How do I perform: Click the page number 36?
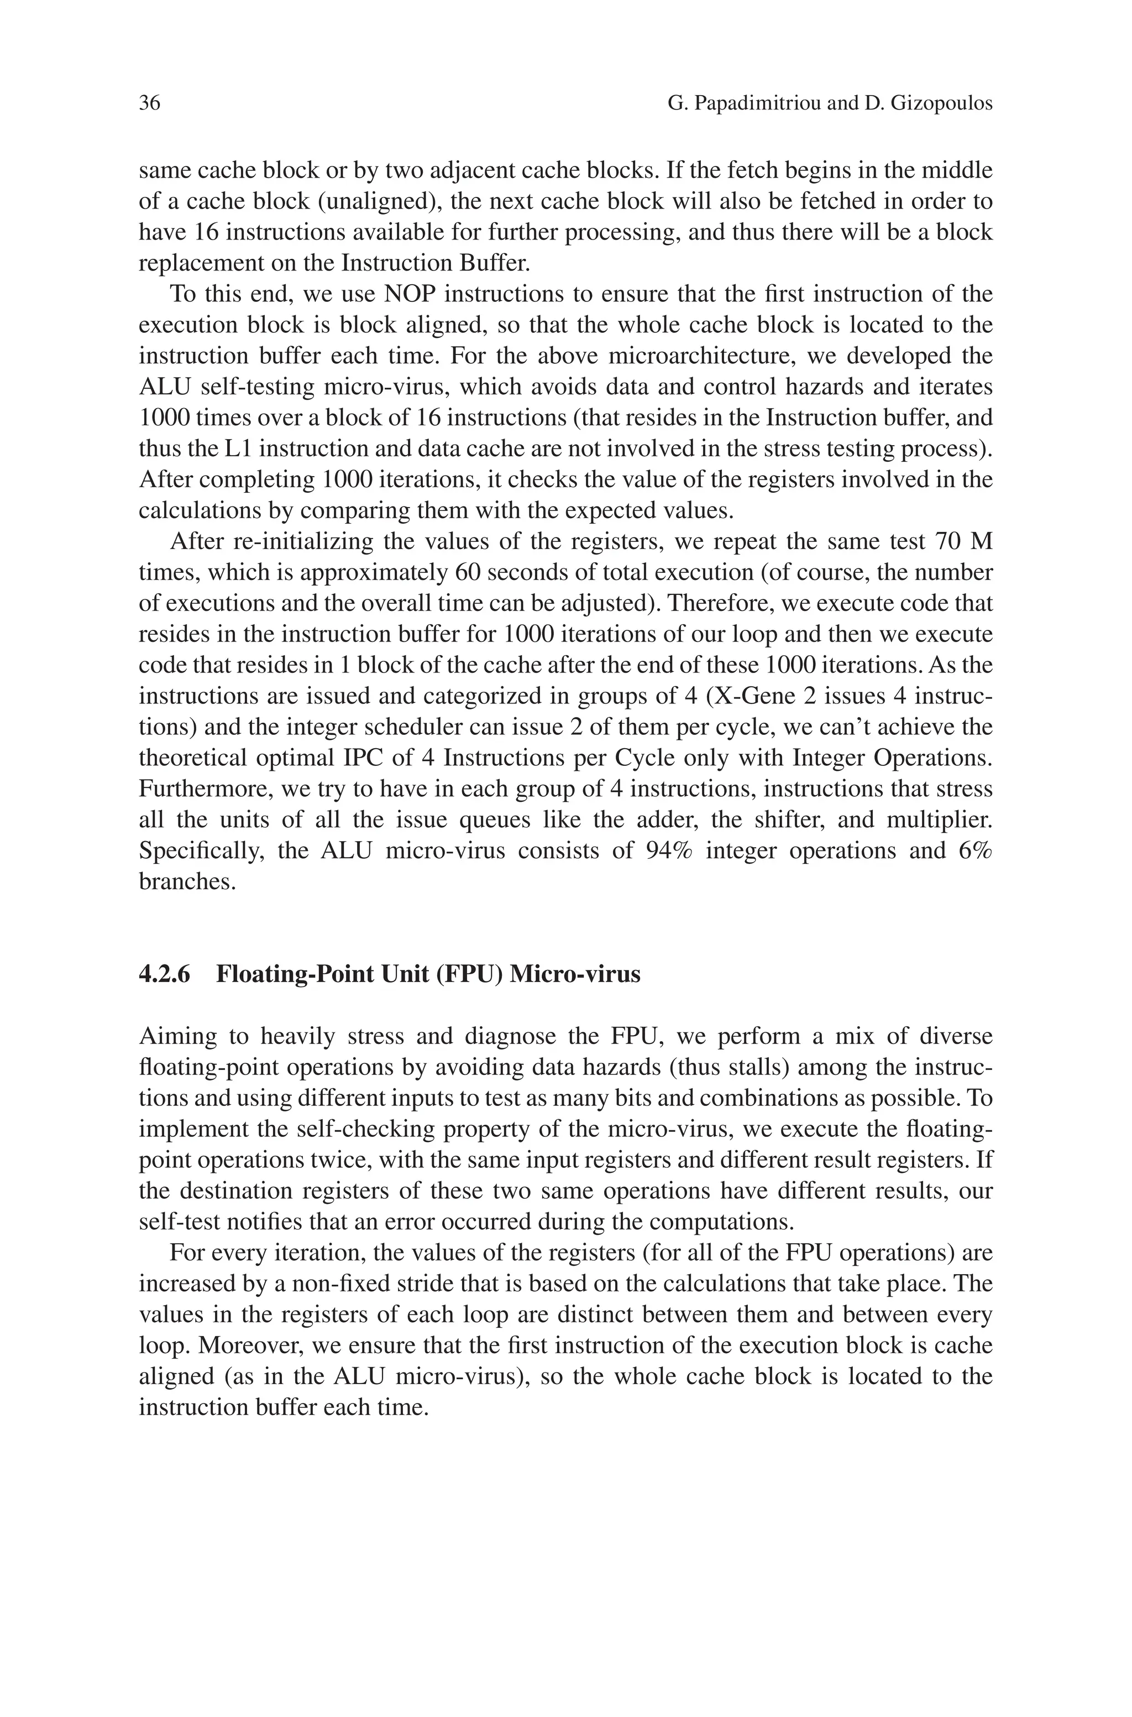click(149, 104)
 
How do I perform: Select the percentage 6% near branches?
click(976, 850)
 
